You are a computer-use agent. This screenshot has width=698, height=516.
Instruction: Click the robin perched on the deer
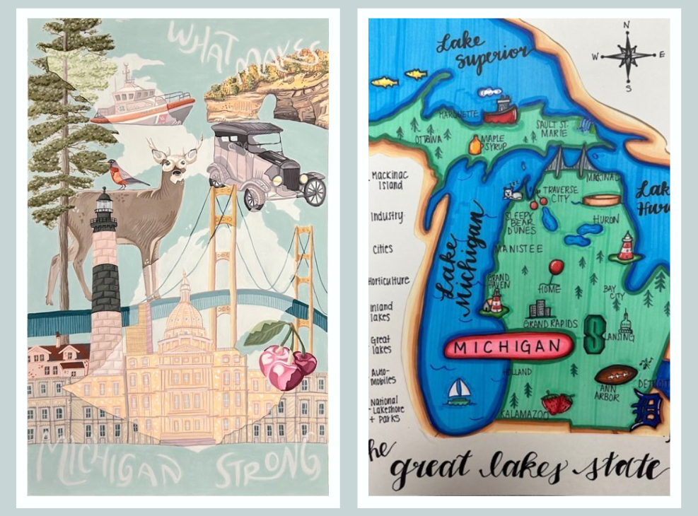[122, 174]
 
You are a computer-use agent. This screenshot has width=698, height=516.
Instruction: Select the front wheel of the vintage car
[314, 192]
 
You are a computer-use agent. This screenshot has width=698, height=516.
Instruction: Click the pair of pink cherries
[287, 365]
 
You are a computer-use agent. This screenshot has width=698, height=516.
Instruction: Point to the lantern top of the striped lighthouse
[104, 205]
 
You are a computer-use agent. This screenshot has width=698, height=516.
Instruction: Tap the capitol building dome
[185, 312]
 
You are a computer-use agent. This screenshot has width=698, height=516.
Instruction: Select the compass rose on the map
[627, 56]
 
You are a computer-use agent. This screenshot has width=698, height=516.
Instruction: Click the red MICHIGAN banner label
[508, 347]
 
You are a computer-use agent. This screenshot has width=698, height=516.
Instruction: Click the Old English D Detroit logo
[647, 410]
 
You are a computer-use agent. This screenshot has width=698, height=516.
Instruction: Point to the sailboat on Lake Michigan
[459, 392]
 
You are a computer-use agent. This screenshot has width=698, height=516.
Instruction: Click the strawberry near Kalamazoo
[557, 403]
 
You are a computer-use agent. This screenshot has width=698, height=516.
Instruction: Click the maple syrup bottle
[475, 146]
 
